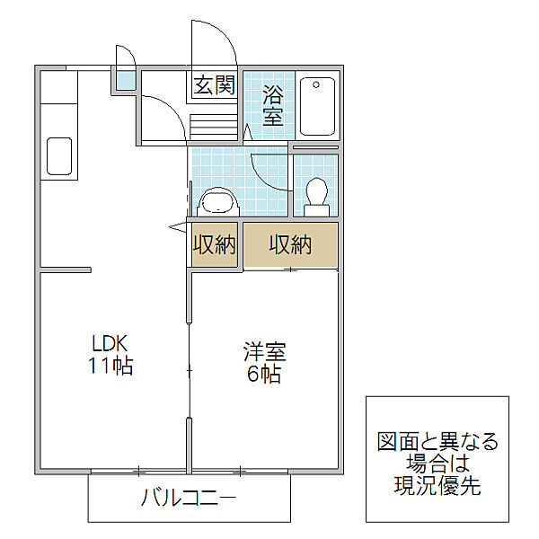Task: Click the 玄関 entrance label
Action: coord(214,86)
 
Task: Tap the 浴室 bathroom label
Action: coord(272,104)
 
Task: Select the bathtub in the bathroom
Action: coord(317,105)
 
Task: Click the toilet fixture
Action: coord(316,195)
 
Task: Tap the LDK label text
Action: coord(110,344)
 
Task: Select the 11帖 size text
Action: coord(110,367)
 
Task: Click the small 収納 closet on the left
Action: coord(214,245)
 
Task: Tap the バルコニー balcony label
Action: coord(190,498)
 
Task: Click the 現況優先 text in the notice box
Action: coord(437,488)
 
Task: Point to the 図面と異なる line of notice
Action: coord(437,442)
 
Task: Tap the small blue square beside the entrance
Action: coord(121,83)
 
